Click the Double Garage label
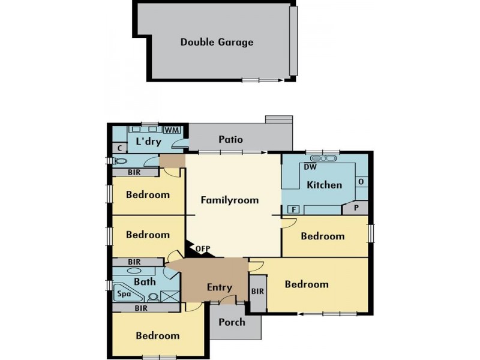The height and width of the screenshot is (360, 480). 217,42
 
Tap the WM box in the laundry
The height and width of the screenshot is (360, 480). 172,130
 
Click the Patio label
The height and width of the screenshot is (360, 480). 230,140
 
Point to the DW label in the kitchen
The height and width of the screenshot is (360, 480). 310,167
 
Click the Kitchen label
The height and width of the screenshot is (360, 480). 324,185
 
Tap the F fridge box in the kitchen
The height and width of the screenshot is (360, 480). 294,209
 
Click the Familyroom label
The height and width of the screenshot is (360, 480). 229,200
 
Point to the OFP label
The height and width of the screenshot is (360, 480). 203,248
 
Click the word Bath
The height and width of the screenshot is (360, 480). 145,281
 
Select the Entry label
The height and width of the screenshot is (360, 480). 219,287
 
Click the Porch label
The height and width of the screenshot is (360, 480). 232,322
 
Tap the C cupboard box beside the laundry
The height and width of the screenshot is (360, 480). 120,148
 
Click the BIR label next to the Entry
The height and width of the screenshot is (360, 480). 257,292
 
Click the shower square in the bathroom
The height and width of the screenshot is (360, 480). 170,295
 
